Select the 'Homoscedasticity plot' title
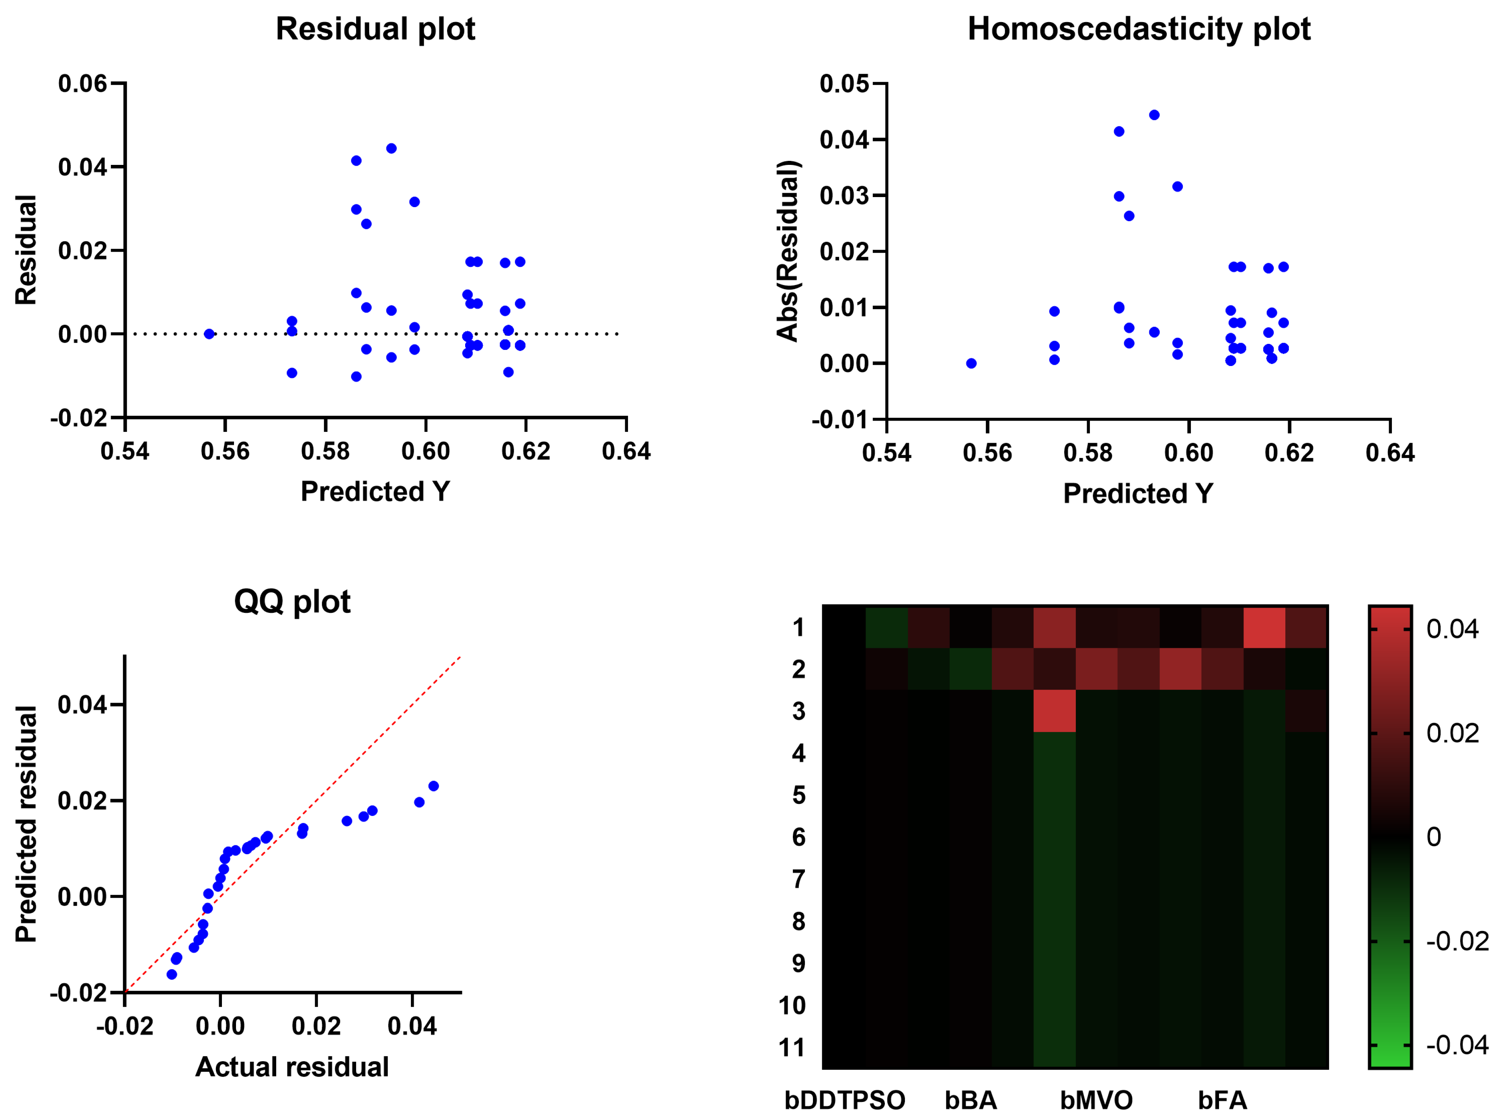tap(1138, 29)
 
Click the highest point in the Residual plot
tap(391, 148)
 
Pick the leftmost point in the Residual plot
tap(209, 334)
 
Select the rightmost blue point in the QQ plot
tap(434, 786)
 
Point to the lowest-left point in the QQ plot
tap(172, 974)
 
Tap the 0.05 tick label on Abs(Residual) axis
tap(844, 84)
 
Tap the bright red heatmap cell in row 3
tap(1054, 711)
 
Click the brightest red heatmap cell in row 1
tap(1264, 627)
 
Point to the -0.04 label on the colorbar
tap(1457, 1045)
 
